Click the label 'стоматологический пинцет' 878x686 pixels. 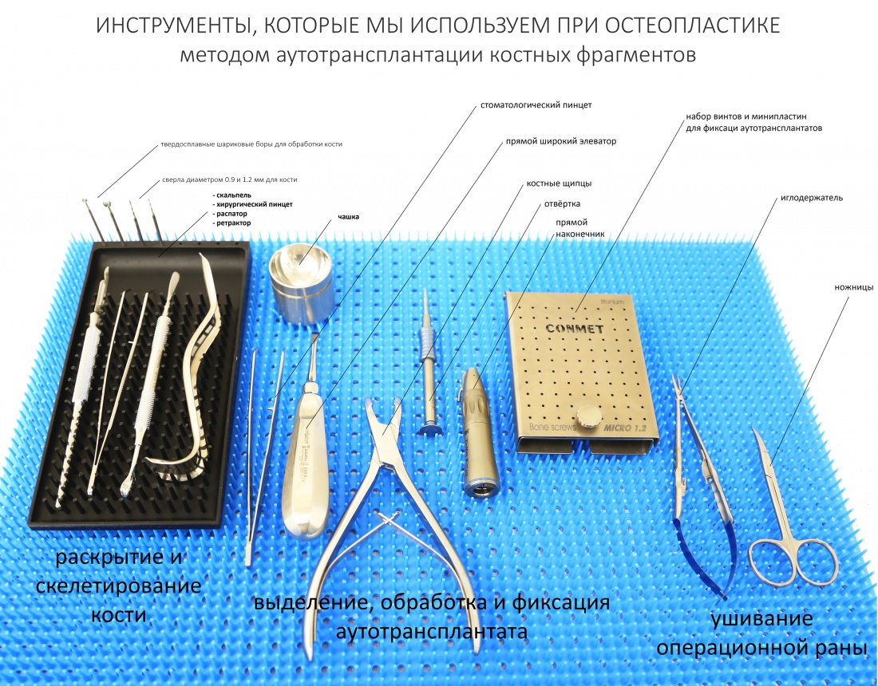[x=536, y=105]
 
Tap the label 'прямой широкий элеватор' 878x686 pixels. [x=561, y=141]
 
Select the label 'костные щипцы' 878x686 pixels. [x=559, y=183]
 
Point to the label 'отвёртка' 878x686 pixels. [x=562, y=203]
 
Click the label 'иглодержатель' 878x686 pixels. [x=812, y=198]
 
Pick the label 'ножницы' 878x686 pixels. [x=854, y=287]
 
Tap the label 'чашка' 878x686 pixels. [x=348, y=216]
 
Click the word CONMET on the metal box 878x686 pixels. [x=575, y=329]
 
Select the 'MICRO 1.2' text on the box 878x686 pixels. [x=624, y=428]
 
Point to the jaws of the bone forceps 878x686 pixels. [x=383, y=425]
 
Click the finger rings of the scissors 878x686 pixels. [x=793, y=562]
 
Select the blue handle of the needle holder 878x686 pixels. [x=700, y=559]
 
